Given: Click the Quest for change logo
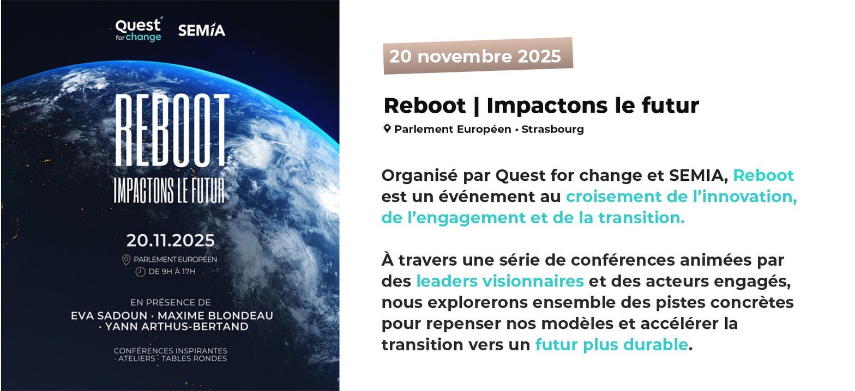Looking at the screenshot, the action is click(139, 29).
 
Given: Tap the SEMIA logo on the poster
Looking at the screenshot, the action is click(202, 30).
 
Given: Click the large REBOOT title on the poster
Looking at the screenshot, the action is click(172, 130).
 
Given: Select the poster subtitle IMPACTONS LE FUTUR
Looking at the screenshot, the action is click(170, 190).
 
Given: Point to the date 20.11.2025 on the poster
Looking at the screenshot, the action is click(171, 241).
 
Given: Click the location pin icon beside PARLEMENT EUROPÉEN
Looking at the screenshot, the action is click(126, 260).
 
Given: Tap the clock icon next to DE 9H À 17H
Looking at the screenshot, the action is click(141, 272).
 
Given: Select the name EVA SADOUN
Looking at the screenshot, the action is click(109, 316).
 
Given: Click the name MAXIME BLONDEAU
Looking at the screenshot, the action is click(215, 316).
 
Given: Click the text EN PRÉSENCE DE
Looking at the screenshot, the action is click(171, 303).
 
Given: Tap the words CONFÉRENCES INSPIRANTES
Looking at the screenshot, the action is click(171, 351).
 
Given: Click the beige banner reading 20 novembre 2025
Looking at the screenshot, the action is click(478, 56).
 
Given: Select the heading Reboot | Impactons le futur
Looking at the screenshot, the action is click(541, 105).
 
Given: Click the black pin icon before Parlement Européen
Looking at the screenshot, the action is click(387, 129).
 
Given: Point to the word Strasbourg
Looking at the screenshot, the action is click(553, 129).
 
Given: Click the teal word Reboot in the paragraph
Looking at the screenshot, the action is click(763, 175).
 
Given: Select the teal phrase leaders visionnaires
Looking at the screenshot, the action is click(500, 281).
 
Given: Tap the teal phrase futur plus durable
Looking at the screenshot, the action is click(612, 345).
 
